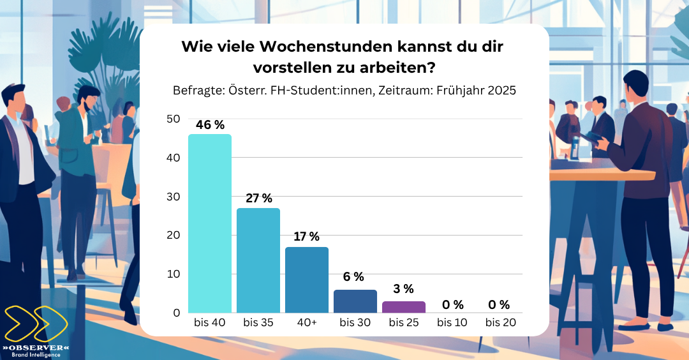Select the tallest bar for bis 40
210,223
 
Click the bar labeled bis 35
258,260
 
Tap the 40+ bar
307,280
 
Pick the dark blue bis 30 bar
355,301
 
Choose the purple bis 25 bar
404,307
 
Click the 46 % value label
210,125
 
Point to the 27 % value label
258,198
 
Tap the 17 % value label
307,237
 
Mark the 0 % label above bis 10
452,304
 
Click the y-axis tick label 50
173,119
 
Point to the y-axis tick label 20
173,235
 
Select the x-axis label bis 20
501,323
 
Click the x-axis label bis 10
452,323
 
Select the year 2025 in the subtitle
501,91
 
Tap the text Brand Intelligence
36,355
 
